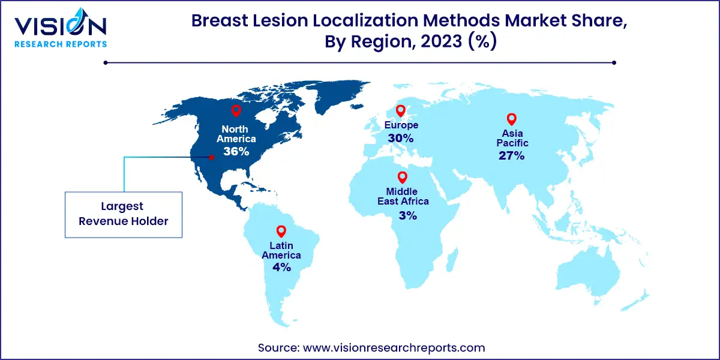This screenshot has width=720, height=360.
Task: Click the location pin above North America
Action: coord(236,110)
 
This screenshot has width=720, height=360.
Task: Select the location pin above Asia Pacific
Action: coord(511,119)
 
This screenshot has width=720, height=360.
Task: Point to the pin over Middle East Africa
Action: coord(402,177)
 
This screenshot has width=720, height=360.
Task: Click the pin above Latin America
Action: coord(280,231)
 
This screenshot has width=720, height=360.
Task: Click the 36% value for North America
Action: coord(236,151)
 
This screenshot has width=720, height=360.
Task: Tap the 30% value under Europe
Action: coord(400,138)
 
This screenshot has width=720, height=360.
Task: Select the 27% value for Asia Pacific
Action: coord(511,156)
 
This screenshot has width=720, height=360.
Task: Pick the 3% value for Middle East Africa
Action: coord(407,215)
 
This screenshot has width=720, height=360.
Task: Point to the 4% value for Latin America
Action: coord(281,268)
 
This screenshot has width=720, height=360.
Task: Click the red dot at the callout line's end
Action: coord(211,158)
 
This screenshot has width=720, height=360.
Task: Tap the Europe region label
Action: coord(400,125)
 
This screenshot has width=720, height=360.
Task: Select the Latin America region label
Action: coord(281,250)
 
